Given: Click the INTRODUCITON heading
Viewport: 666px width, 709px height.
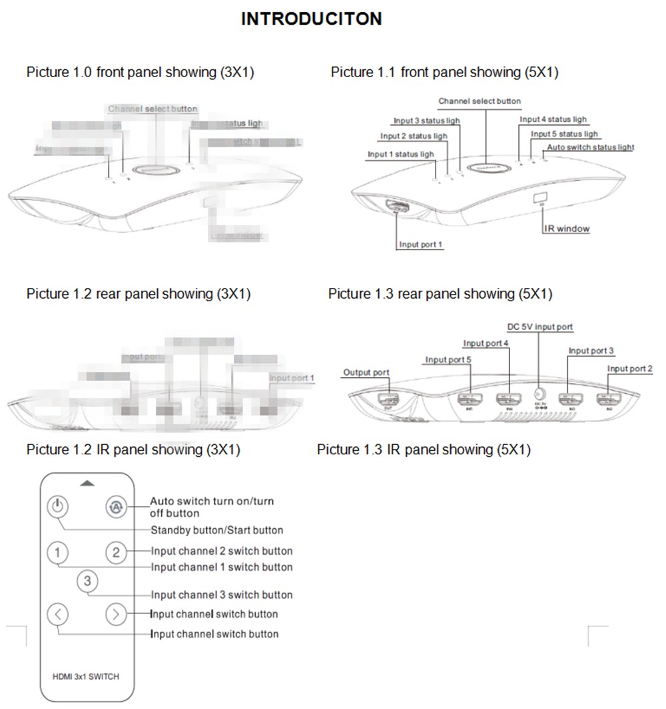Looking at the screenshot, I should pyautogui.click(x=312, y=19).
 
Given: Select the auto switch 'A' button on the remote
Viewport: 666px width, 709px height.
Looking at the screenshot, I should pyautogui.click(x=117, y=507).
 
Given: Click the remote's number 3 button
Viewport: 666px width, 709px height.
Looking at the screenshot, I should pyautogui.click(x=88, y=582).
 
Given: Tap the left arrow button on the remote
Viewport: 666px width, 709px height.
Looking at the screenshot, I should pyautogui.click(x=59, y=614).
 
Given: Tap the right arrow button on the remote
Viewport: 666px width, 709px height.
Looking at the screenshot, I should pyautogui.click(x=117, y=614).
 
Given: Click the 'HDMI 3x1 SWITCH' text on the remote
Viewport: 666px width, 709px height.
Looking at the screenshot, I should pyautogui.click(x=86, y=676).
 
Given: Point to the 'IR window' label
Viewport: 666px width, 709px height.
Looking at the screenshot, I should pyautogui.click(x=567, y=228).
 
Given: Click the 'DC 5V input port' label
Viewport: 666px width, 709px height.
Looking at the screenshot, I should pyautogui.click(x=539, y=327).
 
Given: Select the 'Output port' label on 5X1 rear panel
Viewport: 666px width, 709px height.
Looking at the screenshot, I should pyautogui.click(x=366, y=372).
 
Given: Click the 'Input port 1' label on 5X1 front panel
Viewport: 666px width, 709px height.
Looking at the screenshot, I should pyautogui.click(x=421, y=244).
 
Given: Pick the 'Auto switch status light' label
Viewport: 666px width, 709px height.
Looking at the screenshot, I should pyautogui.click(x=590, y=147).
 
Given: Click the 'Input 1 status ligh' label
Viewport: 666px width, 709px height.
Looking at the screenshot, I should pyautogui.click(x=401, y=154).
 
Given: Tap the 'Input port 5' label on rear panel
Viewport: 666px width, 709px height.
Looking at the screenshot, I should pyautogui.click(x=448, y=360).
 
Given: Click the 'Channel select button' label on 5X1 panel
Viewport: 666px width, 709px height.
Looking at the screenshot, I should pyautogui.click(x=480, y=101).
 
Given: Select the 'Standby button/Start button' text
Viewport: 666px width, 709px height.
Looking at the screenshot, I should pyautogui.click(x=216, y=530).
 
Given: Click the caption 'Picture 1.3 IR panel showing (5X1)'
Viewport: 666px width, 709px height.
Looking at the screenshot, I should pyautogui.click(x=424, y=450).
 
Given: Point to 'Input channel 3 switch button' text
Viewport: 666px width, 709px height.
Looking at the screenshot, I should pyautogui.click(x=222, y=595).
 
